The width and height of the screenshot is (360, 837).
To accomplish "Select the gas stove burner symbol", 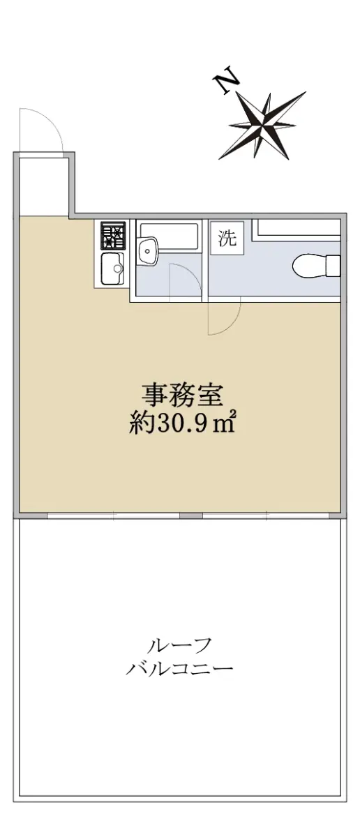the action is (x=113, y=236).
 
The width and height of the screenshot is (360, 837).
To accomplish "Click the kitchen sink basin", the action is (x=112, y=268).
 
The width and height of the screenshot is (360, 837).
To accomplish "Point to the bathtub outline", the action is (x=168, y=236).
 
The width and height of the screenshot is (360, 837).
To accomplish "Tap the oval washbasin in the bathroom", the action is (x=148, y=250).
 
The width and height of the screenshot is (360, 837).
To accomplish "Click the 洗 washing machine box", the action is (x=227, y=239).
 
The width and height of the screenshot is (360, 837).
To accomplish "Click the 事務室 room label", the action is (x=182, y=395).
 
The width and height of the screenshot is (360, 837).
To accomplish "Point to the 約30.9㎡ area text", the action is (x=182, y=423).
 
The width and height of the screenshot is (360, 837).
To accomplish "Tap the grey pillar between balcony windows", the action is (x=191, y=515).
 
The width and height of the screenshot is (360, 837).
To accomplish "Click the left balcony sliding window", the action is (x=114, y=516).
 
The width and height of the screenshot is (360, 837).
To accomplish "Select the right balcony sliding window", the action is (x=266, y=516).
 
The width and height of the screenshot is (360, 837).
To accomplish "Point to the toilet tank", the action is (x=333, y=266).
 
